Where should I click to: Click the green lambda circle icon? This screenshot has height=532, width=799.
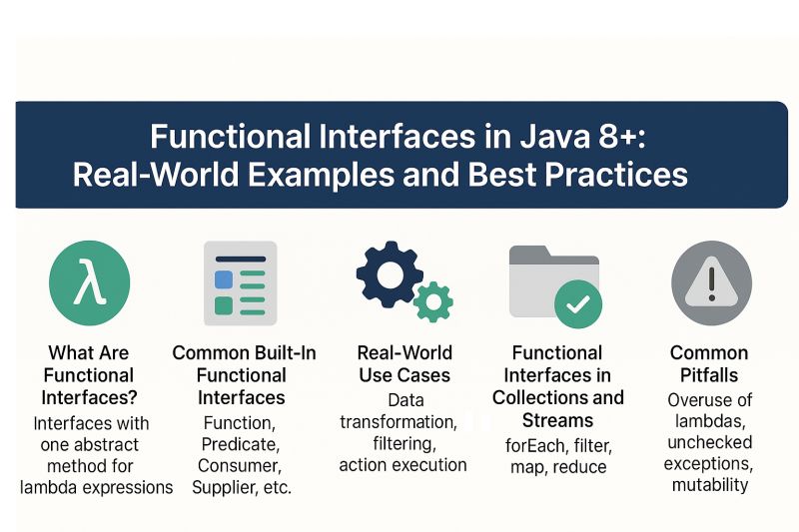pos(89,283)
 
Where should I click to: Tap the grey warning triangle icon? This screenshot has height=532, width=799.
pos(710,283)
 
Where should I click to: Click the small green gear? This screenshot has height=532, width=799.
pos(433,301)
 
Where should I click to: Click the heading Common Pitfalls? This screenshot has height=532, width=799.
pos(709,364)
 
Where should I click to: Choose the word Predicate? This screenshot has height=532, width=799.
pos(240,443)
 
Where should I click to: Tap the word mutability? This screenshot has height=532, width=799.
pos(709,485)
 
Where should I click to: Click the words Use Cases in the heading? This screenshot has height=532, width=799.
pos(404,375)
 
